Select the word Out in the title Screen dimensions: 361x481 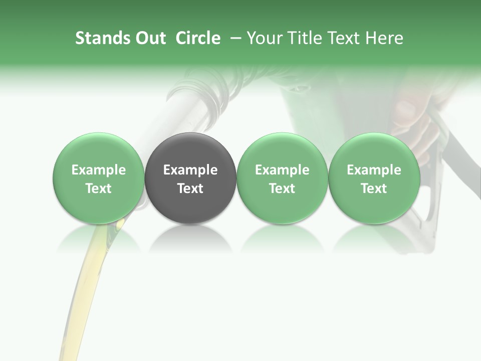[x=149, y=38]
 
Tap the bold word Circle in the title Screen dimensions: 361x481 [x=198, y=38]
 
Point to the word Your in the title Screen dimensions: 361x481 [x=264, y=38]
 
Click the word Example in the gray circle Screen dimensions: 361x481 [x=190, y=170]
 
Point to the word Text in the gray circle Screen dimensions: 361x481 [x=190, y=189]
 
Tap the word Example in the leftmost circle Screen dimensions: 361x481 [x=99, y=170]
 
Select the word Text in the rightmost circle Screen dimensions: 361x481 [x=374, y=189]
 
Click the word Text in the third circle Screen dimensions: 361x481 [x=282, y=189]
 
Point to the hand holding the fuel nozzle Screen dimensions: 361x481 [x=416, y=120]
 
